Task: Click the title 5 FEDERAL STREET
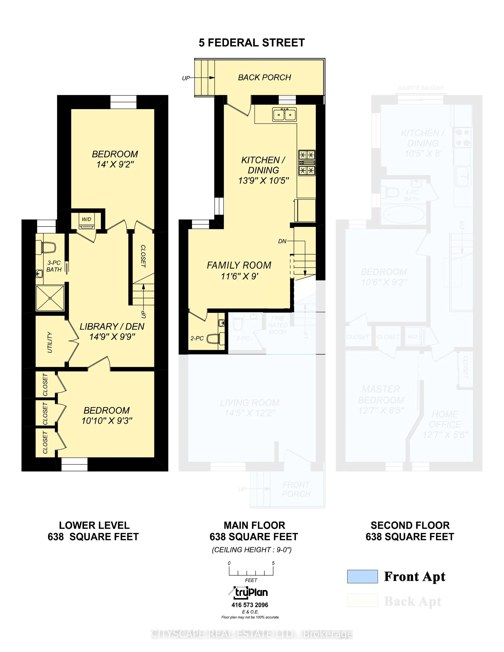[252, 43]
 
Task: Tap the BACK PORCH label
[264, 78]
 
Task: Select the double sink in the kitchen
[284, 114]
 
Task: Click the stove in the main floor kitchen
[307, 163]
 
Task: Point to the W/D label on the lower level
[87, 219]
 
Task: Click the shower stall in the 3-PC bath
[50, 298]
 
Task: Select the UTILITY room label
[50, 342]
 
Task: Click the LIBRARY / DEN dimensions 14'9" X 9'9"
[112, 337]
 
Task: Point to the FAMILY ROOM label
[239, 265]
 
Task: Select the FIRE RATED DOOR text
[278, 325]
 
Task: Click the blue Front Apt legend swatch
[362, 576]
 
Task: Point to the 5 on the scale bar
[273, 563]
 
